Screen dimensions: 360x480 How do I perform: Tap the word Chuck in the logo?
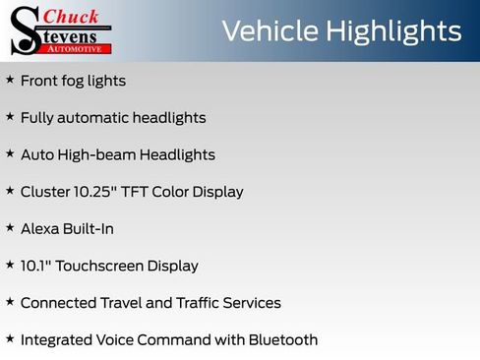72,16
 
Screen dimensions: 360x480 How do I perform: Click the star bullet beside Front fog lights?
10,80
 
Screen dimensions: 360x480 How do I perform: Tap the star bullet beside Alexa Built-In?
10,227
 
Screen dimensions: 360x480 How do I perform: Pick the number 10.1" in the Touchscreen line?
38,266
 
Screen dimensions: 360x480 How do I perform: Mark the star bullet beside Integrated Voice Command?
10,338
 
